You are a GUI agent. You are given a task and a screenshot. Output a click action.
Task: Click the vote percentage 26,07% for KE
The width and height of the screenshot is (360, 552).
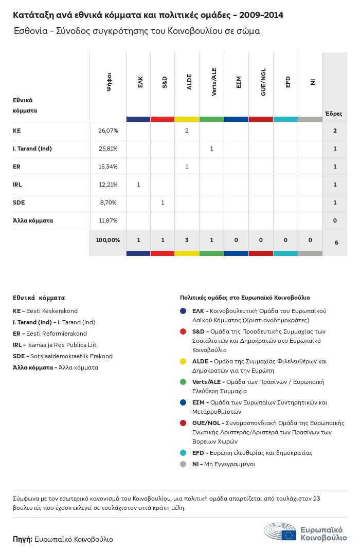[x=108, y=131]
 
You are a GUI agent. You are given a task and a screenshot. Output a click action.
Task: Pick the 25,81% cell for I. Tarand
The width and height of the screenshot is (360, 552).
[x=108, y=149]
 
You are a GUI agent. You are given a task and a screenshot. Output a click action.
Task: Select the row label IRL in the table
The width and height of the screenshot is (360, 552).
[x=17, y=185]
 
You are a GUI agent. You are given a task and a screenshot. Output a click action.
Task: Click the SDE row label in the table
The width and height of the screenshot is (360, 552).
[x=19, y=203]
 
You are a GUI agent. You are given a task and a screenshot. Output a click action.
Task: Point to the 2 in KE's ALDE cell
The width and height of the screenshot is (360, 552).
[x=187, y=131]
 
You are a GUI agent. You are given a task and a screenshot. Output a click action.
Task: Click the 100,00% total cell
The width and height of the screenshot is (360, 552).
[x=108, y=240]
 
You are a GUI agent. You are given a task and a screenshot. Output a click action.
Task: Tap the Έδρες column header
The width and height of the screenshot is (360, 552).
[x=334, y=114]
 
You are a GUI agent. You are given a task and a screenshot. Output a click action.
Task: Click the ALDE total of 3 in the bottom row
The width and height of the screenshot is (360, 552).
[x=187, y=240]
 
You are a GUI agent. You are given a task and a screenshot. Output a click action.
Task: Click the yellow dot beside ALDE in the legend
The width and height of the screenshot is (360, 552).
[x=183, y=361]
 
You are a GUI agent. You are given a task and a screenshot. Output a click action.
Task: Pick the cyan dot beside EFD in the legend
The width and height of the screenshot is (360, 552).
[x=183, y=453]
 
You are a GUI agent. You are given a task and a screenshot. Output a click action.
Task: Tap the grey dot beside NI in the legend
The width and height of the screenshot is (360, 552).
[x=183, y=464]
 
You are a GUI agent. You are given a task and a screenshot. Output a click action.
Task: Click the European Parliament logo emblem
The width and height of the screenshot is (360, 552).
[x=280, y=531]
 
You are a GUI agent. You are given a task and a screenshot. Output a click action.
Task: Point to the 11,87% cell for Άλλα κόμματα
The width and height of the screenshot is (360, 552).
[x=108, y=220]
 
